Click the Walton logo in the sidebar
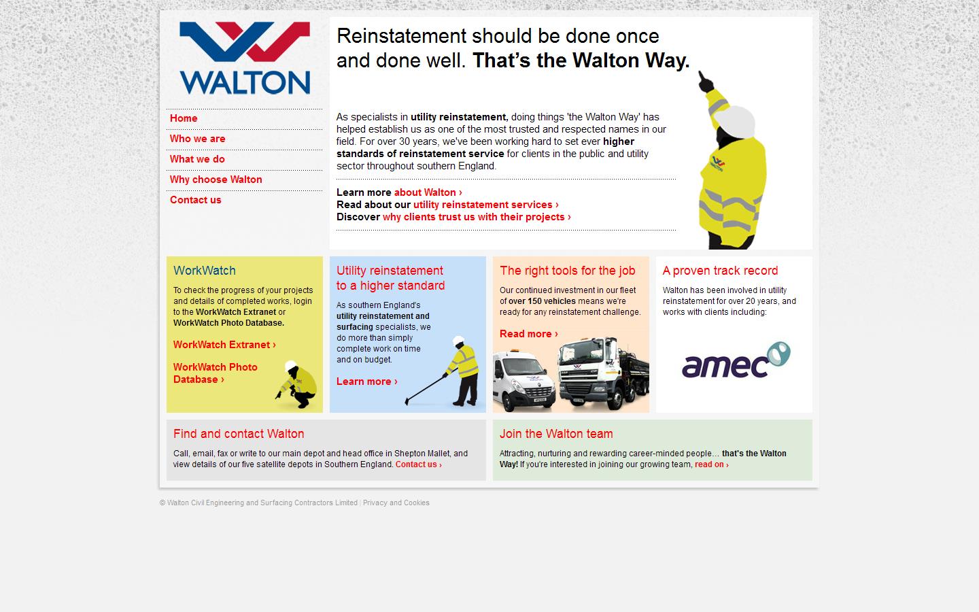245,58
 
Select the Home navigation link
184,118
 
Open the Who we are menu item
197,139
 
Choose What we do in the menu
197,159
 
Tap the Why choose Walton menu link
216,180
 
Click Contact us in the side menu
195,200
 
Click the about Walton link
428,192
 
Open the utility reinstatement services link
485,205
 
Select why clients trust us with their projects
476,217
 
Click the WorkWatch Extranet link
224,345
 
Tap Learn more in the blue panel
366,381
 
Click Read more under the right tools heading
528,334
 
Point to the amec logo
736,360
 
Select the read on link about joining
711,464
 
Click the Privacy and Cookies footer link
396,503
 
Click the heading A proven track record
720,271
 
